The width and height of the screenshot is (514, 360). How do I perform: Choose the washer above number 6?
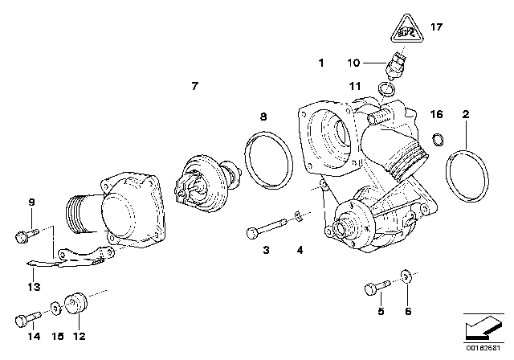click(x=406, y=281)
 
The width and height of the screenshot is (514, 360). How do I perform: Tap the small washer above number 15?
click(x=54, y=308)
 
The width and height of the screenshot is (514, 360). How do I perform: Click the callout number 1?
click(x=322, y=62)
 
